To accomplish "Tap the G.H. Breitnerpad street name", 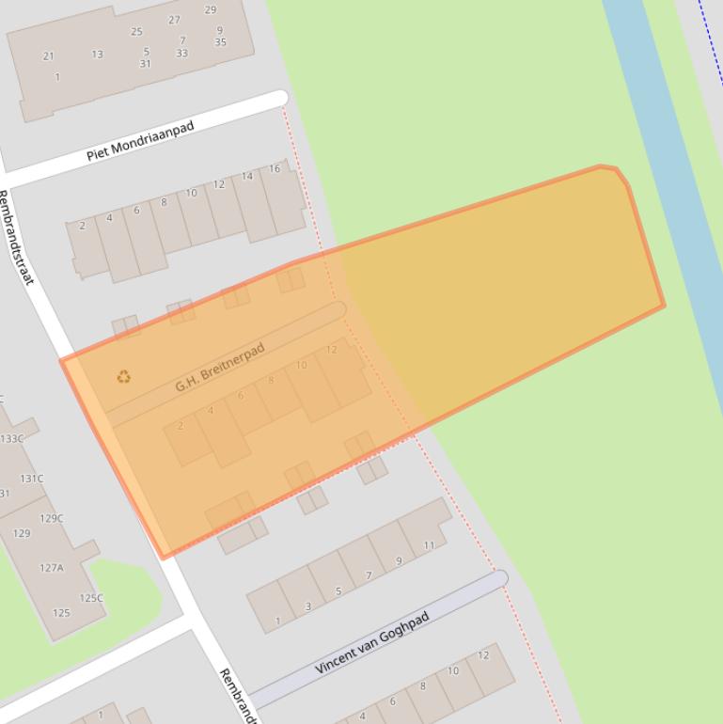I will [x=220, y=368].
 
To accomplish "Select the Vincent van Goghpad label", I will [x=371, y=642].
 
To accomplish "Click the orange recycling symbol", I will [x=123, y=377].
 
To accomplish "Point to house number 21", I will [x=48, y=56].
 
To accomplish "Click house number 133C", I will [x=12, y=438].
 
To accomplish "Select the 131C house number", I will [x=32, y=479].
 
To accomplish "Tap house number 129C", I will [x=51, y=518].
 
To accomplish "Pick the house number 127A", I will [x=51, y=568].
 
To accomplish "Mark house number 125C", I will [x=91, y=598].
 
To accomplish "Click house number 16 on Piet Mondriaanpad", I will [x=275, y=168].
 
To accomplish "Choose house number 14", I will [x=247, y=176].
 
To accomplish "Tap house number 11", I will [x=429, y=545].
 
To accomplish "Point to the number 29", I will [x=210, y=10].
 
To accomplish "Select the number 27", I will [x=174, y=20].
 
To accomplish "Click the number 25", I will [x=136, y=32].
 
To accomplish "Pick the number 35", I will [x=220, y=42].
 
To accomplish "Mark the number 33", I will [x=182, y=54].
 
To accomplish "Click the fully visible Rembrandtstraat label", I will [x=17, y=237].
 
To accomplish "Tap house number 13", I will [x=97, y=55].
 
